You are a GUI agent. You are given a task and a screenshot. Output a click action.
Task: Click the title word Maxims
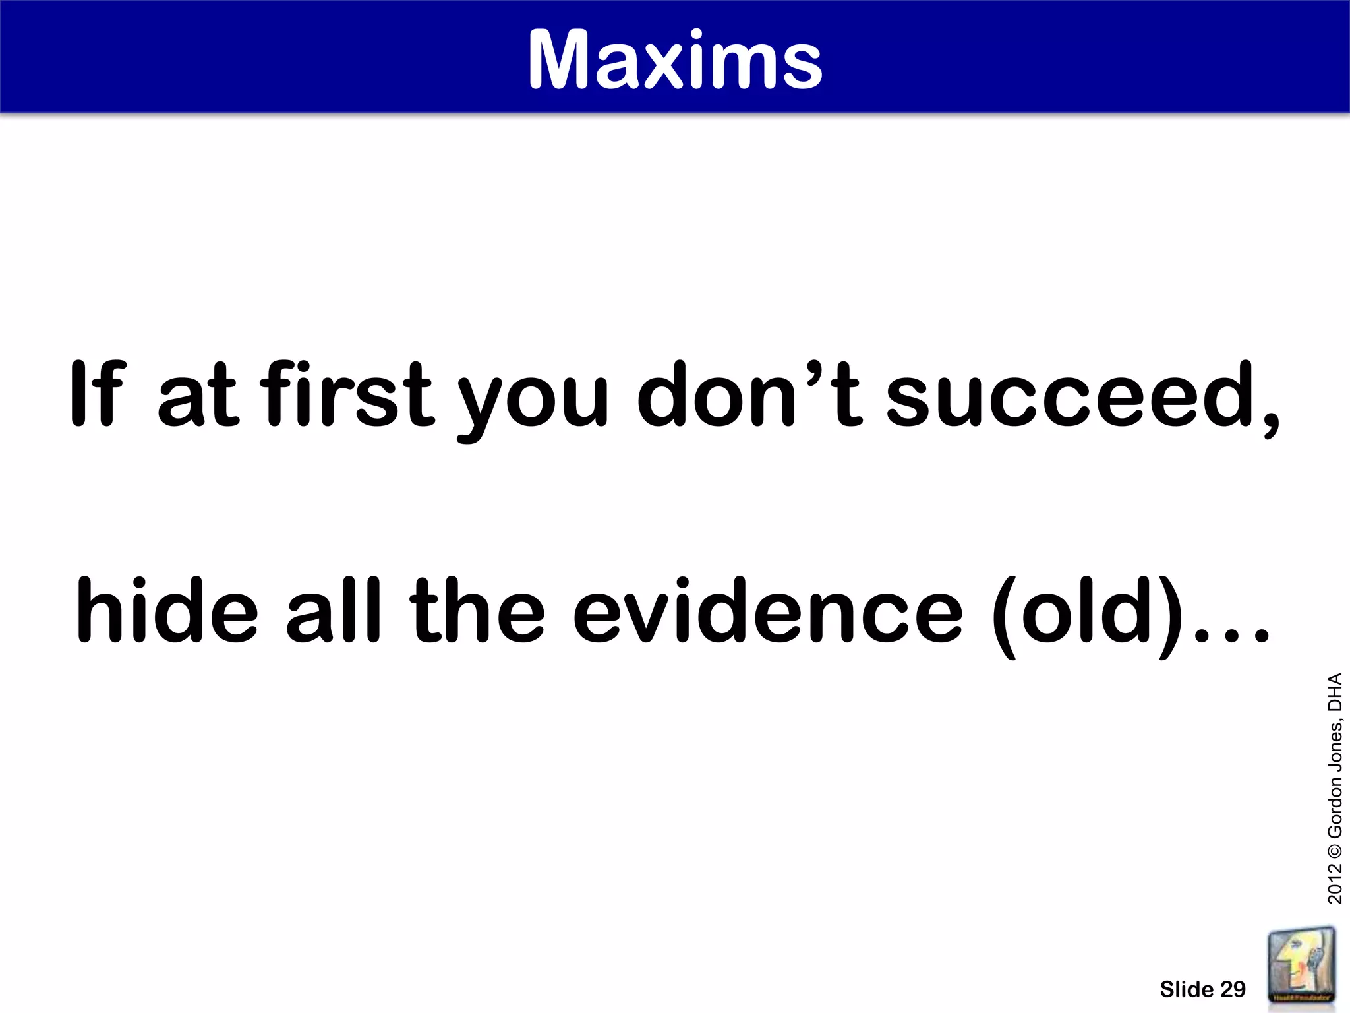(x=675, y=61)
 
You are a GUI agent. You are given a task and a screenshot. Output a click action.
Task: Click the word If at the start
(x=96, y=394)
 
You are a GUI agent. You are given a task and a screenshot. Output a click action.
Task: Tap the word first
(x=347, y=394)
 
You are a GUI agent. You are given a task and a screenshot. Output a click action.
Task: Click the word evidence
(x=767, y=610)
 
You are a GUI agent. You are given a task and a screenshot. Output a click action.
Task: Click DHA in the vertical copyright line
(x=1334, y=692)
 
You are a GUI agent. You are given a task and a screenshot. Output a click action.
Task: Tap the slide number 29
(x=1233, y=989)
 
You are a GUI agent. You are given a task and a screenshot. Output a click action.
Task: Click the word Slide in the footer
(x=1187, y=989)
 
